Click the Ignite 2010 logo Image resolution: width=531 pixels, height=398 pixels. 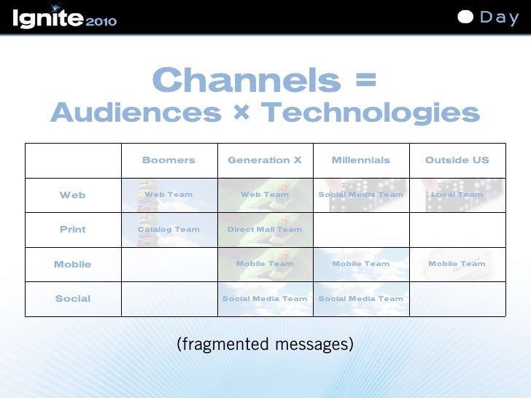[x=64, y=18]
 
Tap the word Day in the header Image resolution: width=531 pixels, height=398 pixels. [x=500, y=17]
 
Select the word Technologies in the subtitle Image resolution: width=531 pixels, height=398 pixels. [x=370, y=113]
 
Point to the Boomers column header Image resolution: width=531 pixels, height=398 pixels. [x=168, y=160]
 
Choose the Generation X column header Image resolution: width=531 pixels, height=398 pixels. [x=265, y=160]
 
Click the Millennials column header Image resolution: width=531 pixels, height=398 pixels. [x=361, y=160]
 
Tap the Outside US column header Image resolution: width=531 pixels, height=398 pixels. [x=457, y=160]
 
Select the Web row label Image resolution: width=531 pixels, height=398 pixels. [x=73, y=195]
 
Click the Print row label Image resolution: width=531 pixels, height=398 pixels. [x=73, y=230]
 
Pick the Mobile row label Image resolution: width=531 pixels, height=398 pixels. [x=73, y=265]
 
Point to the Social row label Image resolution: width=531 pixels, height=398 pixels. [x=73, y=299]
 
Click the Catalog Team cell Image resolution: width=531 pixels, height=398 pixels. [x=168, y=230]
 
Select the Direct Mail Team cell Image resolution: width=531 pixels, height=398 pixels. [x=265, y=230]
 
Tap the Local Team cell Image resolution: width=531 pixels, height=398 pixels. [x=457, y=195]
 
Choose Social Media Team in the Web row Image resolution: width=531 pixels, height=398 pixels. [x=361, y=195]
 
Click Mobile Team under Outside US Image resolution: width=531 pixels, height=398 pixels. [x=457, y=264]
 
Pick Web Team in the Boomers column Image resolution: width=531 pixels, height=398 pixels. [x=168, y=195]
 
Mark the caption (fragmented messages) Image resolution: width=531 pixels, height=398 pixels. [x=265, y=344]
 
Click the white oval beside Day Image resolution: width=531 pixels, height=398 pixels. [x=466, y=17]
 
